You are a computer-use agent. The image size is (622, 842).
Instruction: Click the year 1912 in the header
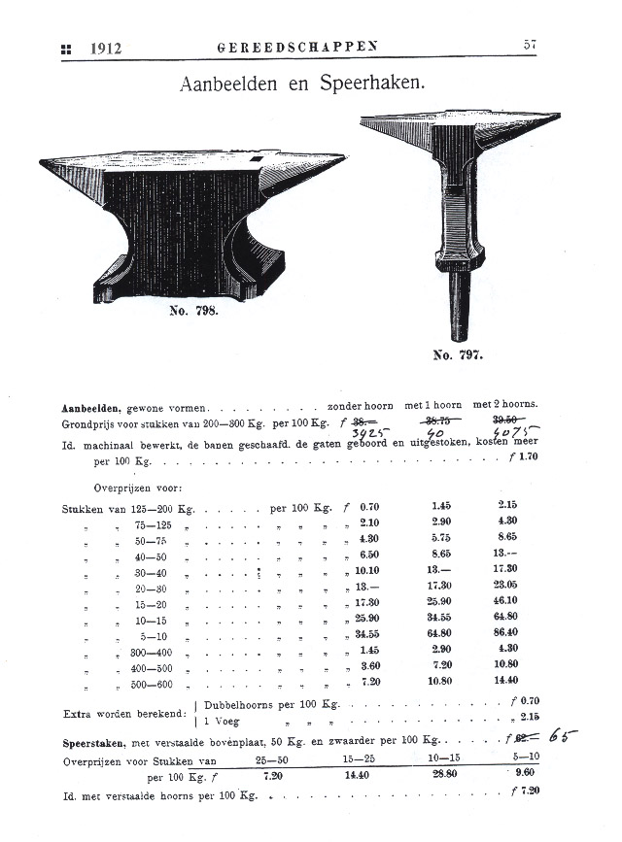(x=105, y=48)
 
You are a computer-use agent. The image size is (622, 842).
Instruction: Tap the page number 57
(x=530, y=45)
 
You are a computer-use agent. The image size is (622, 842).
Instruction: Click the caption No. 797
(x=457, y=355)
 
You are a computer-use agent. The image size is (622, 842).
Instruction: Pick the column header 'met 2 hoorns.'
(x=504, y=404)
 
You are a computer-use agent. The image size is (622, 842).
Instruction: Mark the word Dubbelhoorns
(x=247, y=703)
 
